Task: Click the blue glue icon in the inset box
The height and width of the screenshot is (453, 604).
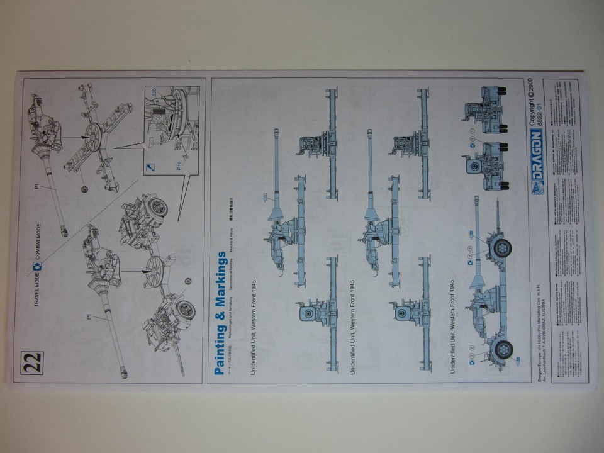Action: tap(150, 167)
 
